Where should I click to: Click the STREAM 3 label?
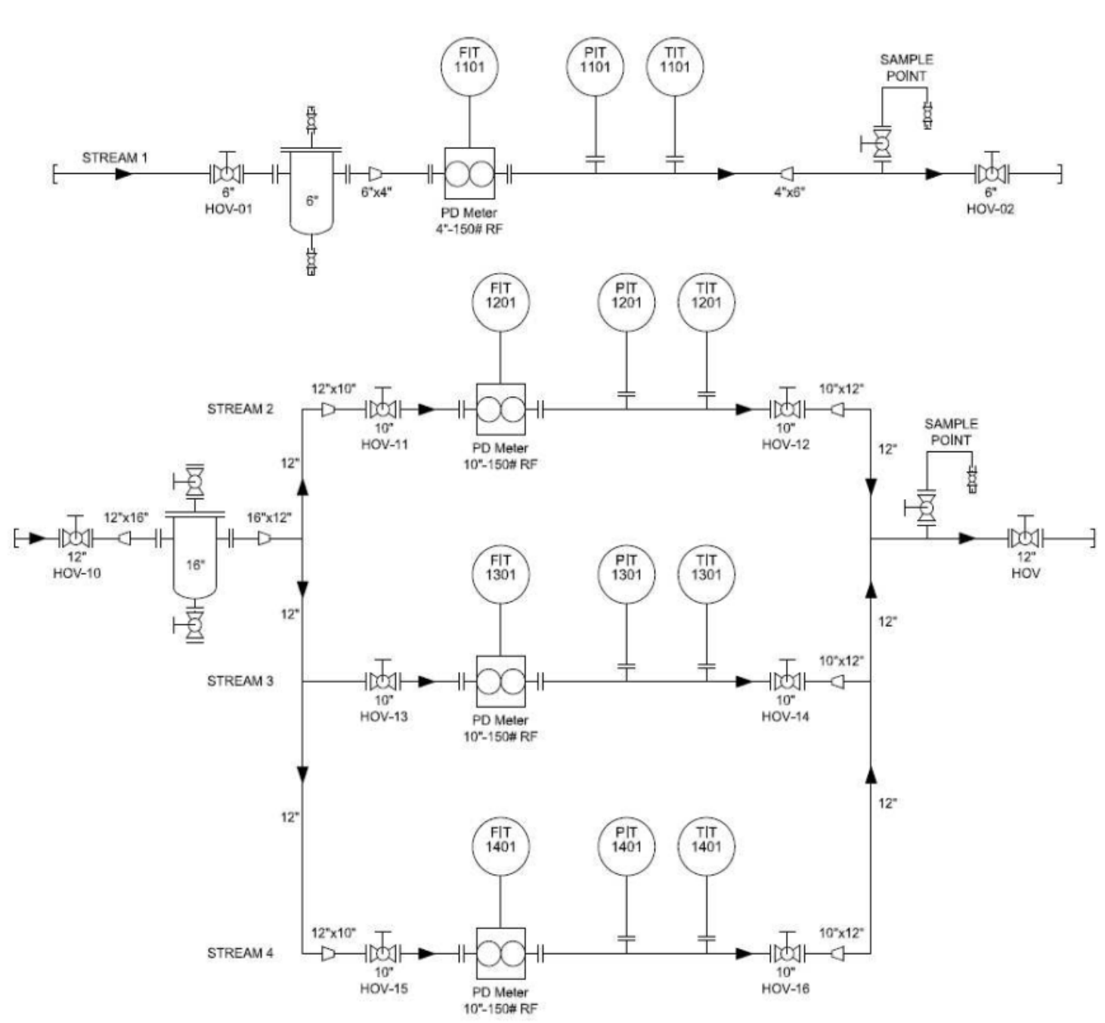(x=240, y=681)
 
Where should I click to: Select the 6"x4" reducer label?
(x=376, y=192)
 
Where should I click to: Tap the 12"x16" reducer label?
(x=126, y=517)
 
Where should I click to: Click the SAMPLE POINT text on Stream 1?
(x=906, y=67)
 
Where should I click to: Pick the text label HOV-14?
(x=785, y=716)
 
